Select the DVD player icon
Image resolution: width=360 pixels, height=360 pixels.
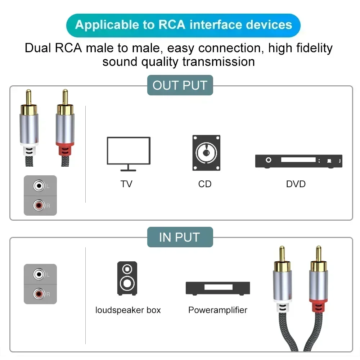coord(298,161)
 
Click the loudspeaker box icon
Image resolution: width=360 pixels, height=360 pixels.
coord(127,278)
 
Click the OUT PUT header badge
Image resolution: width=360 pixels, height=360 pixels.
coord(180,85)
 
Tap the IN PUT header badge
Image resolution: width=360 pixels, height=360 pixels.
coord(180,237)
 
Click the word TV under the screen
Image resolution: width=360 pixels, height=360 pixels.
coord(126,184)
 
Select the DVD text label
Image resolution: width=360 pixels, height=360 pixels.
coord(296,184)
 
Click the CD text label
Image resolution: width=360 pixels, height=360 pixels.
coord(205,184)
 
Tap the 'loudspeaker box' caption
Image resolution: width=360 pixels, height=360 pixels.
coord(128,310)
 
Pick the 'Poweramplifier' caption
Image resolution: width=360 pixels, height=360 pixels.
coord(218,310)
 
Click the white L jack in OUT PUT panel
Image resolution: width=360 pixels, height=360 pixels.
coord(39,186)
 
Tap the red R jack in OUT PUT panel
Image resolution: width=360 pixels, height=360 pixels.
coord(39,206)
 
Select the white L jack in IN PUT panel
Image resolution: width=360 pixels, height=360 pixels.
coord(39,274)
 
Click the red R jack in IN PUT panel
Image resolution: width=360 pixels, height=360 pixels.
coord(39,294)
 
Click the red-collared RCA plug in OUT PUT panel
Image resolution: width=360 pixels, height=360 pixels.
coord(65,126)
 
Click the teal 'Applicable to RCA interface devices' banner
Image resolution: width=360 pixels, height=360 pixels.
coord(183,25)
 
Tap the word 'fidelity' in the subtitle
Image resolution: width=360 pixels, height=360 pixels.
coord(306,48)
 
